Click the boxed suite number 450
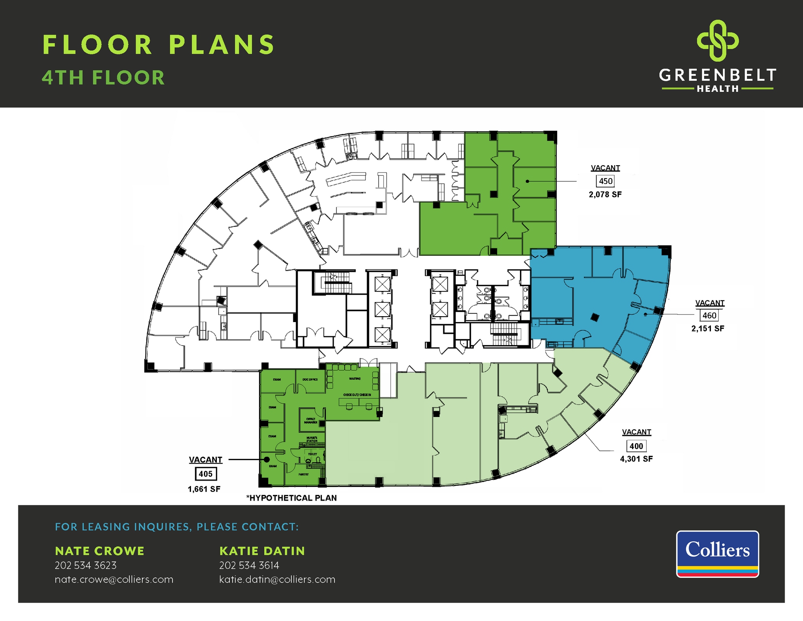[605, 181]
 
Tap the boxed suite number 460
[709, 315]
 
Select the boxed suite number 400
[636, 446]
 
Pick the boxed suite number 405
[205, 474]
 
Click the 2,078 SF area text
[605, 195]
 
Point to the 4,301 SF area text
[636, 459]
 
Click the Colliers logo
[717, 554]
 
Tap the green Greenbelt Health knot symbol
[718, 41]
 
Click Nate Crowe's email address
[114, 579]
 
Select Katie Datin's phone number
[249, 565]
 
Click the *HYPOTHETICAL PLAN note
[291, 498]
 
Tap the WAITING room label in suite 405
[355, 379]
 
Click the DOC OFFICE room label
[310, 379]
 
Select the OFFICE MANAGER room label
[311, 421]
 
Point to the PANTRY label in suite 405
[303, 474]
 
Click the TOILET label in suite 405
[312, 454]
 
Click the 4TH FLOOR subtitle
[104, 78]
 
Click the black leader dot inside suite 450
[527, 181]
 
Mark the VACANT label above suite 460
[710, 303]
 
